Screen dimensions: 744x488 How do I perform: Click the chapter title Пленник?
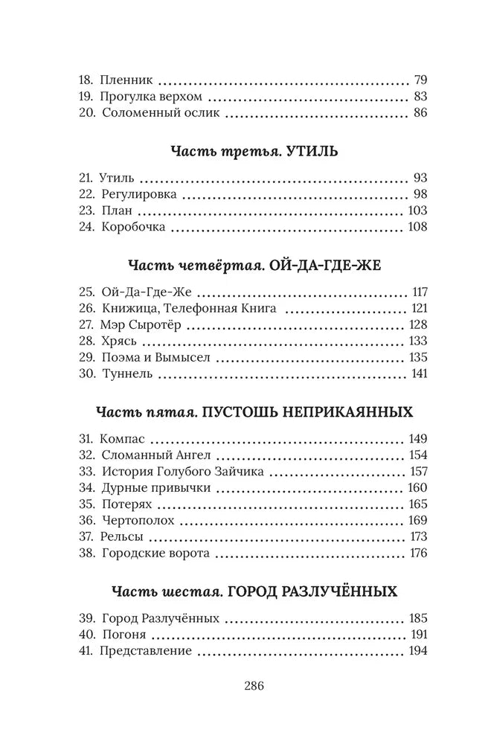127,80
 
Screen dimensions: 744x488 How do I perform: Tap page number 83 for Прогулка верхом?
419,97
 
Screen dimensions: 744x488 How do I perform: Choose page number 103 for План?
417,211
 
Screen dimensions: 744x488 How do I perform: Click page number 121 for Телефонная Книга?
419,309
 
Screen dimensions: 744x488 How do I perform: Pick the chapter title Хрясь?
118,342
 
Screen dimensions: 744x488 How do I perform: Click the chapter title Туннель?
125,374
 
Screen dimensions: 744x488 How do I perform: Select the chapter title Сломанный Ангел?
147,455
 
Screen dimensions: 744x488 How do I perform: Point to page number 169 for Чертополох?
417,521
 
